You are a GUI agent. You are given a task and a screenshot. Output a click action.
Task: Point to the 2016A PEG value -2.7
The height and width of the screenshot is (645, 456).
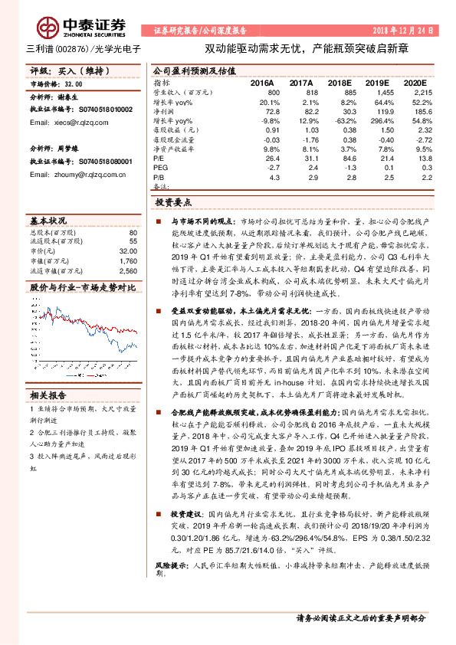pyautogui.click(x=274, y=167)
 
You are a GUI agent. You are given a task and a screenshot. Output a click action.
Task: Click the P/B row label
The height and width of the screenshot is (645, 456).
pyautogui.click(x=159, y=176)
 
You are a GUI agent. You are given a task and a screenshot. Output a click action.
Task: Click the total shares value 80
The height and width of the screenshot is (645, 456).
pyautogui.click(x=133, y=231)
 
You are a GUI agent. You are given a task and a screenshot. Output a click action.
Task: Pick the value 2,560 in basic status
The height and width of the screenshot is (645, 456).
pyautogui.click(x=129, y=270)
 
